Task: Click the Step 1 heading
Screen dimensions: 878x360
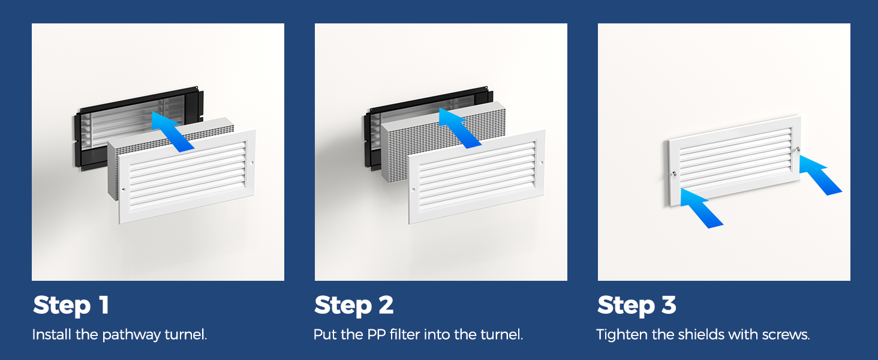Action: coord(71,305)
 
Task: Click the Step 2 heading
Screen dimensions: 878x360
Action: coord(354,305)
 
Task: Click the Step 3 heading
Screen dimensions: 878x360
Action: coord(636,305)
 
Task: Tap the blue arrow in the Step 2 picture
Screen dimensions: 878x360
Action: coord(459,128)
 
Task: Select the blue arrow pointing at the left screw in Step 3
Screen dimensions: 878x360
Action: coord(701,208)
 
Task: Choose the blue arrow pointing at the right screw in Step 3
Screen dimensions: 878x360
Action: coord(820,175)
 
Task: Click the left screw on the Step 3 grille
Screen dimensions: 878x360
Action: coord(674,173)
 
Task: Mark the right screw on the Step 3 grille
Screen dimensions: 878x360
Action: coord(798,149)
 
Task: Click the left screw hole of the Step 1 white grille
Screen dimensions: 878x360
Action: coord(124,190)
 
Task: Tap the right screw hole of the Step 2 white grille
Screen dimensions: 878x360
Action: coord(542,163)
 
